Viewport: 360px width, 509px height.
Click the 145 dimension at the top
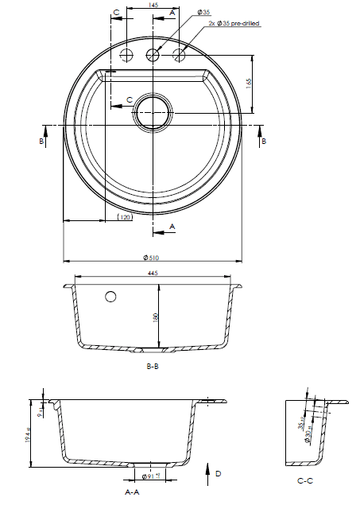pos(153,6)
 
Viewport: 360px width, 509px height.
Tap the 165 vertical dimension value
pos(250,83)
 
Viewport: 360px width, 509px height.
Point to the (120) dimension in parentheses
pos(124,216)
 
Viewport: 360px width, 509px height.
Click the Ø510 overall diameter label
pos(152,258)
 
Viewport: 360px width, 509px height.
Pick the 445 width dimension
pos(153,273)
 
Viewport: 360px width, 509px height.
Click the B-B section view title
pos(153,367)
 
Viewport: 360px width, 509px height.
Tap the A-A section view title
pos(133,492)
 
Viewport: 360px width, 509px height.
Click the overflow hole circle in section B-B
pos(110,297)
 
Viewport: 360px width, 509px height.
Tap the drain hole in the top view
pos(151,113)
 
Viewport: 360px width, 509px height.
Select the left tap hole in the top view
pos(125,55)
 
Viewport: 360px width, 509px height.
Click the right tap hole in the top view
pos(180,55)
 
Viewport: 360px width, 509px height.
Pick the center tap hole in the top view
pos(152,55)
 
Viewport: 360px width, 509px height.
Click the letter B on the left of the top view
pos(41,141)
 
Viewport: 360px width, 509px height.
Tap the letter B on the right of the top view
pos(264,141)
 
